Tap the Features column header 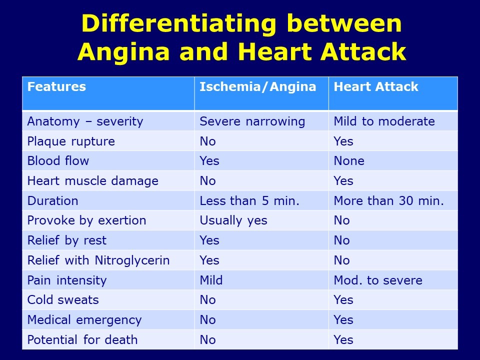click(x=56, y=87)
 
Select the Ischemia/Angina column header click(x=258, y=87)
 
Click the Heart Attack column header click(x=375, y=87)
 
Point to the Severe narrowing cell click(x=252, y=121)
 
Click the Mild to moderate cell click(x=384, y=121)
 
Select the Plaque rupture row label click(x=71, y=141)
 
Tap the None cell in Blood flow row click(x=349, y=161)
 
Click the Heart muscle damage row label click(x=92, y=181)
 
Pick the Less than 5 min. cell click(x=249, y=201)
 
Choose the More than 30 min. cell click(x=388, y=201)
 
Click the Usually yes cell click(x=233, y=220)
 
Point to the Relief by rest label click(x=66, y=240)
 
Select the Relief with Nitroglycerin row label click(x=98, y=260)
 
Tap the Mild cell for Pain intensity click(x=211, y=280)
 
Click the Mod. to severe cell click(x=377, y=280)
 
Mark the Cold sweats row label click(x=63, y=300)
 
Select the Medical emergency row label click(x=84, y=320)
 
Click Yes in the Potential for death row click(x=343, y=340)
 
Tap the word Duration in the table click(x=52, y=201)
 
